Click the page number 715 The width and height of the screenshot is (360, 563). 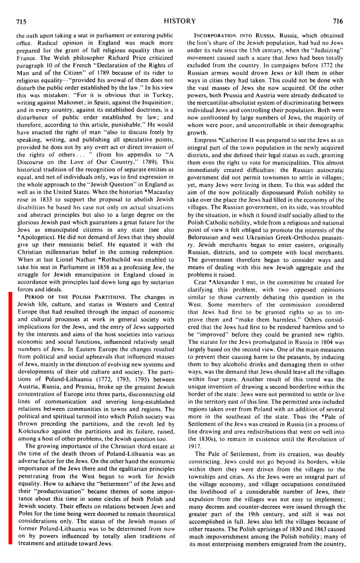[x=21, y=21]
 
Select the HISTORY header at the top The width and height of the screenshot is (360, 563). [x=180, y=21]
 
